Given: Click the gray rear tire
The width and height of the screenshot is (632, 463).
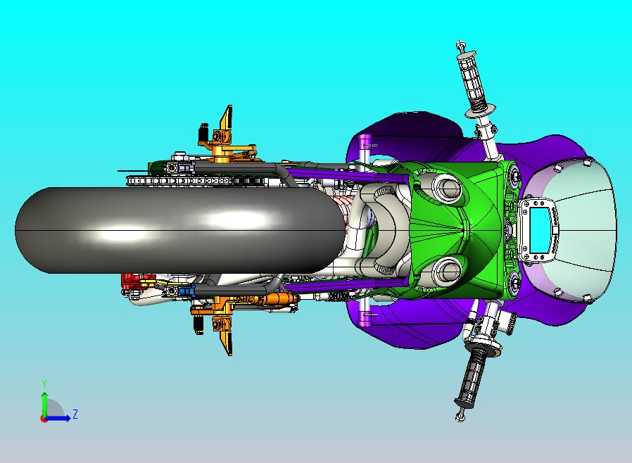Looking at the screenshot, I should (176, 230).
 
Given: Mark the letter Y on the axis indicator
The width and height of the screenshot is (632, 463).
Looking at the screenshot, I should (44, 383).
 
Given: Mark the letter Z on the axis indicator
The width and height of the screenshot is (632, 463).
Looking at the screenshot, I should (75, 414).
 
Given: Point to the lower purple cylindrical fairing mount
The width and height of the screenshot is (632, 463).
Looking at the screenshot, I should (365, 312).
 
